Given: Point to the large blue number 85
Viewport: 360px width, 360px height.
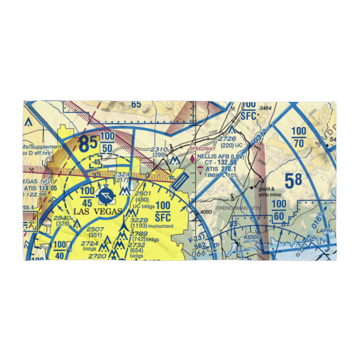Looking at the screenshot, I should [88, 144].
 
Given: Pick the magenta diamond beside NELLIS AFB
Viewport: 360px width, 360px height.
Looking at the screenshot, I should [193, 158].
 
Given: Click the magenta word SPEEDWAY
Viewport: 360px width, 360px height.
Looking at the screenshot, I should [202, 149].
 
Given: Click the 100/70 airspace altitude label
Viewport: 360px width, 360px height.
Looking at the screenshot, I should [299, 137].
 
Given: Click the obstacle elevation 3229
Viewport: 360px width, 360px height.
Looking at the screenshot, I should [139, 220].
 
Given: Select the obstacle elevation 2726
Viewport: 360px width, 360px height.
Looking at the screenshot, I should [228, 139].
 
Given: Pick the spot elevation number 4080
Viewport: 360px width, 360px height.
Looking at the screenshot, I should [206, 212].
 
